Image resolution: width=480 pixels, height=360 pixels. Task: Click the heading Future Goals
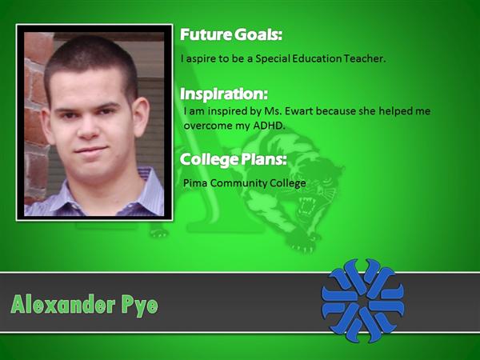[x=231, y=34]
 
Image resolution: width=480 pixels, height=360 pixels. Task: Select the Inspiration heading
[x=224, y=94]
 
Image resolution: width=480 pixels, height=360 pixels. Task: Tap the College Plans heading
[x=234, y=159]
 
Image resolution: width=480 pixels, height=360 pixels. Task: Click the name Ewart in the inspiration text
[x=298, y=111]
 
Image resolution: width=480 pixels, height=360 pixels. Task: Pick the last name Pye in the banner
[x=140, y=306]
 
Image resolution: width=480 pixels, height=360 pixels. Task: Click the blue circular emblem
[x=362, y=300]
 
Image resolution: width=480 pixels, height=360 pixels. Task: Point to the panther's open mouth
[x=307, y=205]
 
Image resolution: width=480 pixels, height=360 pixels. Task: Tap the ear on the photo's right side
[x=141, y=116]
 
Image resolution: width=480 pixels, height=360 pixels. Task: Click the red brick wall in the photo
[x=36, y=116]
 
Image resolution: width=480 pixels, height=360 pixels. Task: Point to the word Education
[x=317, y=58]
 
